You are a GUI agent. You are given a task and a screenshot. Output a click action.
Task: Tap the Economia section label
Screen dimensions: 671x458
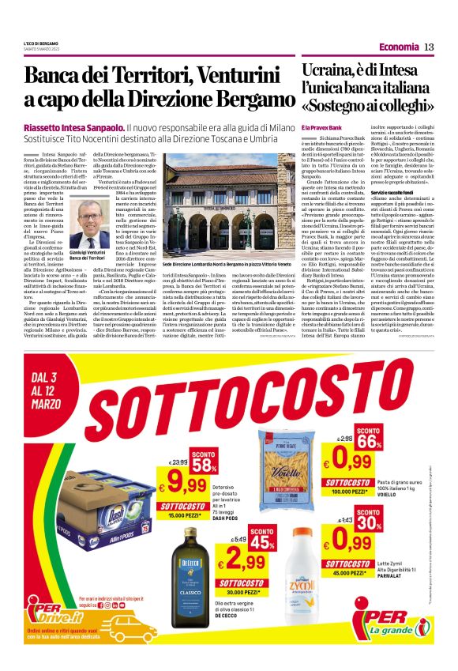tap(398, 47)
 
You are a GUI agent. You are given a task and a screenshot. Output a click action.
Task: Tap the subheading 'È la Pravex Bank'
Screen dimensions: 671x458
tap(321, 126)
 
